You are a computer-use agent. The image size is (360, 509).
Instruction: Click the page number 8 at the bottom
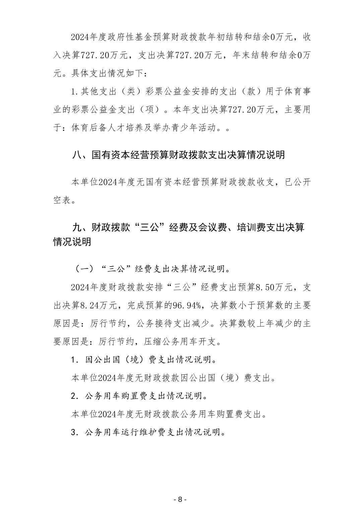coord(180,499)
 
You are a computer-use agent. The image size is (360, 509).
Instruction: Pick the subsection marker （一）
coord(81,269)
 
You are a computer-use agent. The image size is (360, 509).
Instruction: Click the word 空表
coord(62,200)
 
